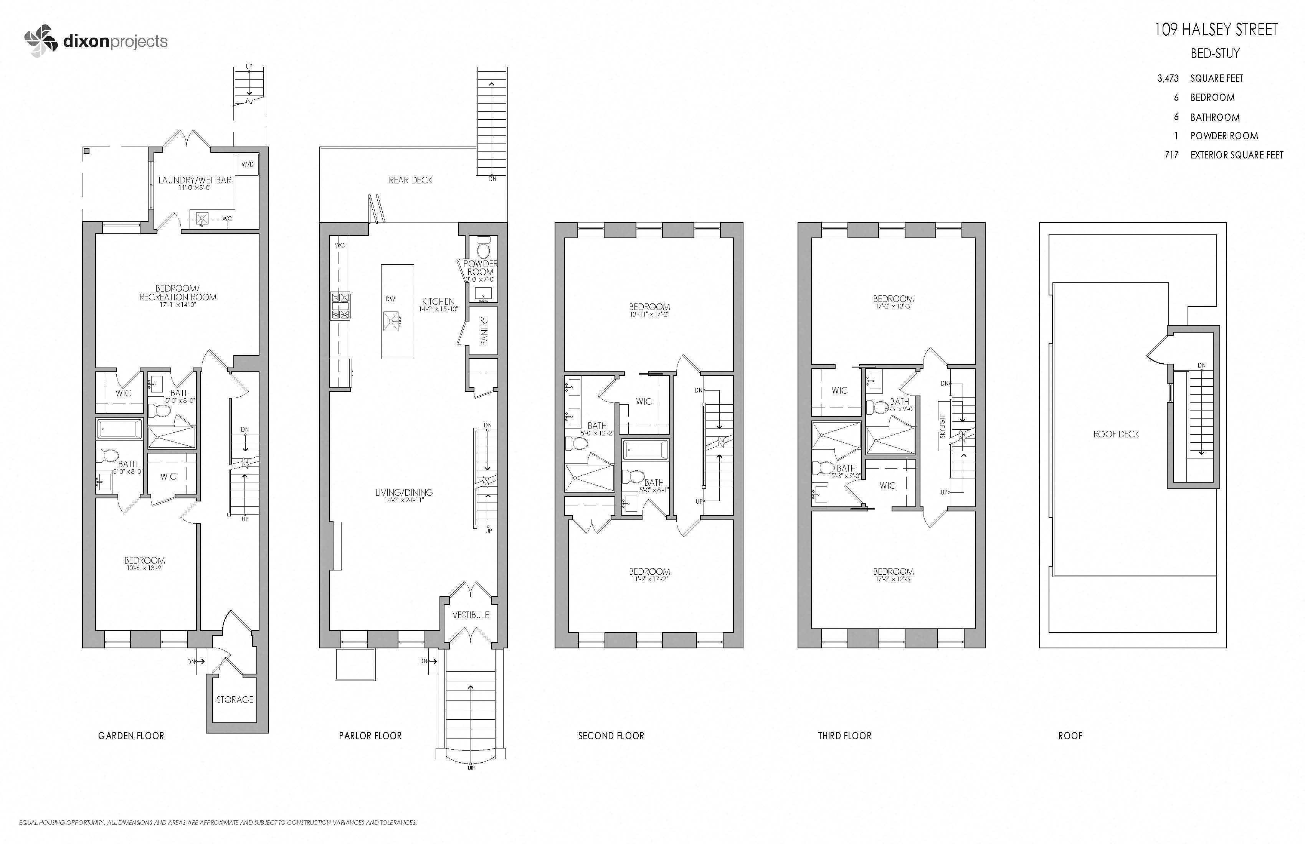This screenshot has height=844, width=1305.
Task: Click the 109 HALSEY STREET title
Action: pos(1216,30)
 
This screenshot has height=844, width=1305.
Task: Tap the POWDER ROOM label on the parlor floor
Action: pos(480,267)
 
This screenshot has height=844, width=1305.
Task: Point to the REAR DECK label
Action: pos(410,180)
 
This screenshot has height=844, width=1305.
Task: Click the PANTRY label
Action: pos(484,331)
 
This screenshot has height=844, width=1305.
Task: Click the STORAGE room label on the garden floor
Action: pos(235,699)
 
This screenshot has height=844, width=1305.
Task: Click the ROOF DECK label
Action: pos(1116,434)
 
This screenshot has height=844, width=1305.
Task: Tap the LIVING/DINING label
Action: pos(403,492)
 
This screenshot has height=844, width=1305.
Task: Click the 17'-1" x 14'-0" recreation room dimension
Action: pos(178,305)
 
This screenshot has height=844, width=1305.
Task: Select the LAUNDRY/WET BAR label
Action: pos(195,180)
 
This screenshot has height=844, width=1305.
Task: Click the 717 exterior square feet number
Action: pos(1171,155)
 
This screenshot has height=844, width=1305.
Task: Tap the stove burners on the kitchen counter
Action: pos(340,306)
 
